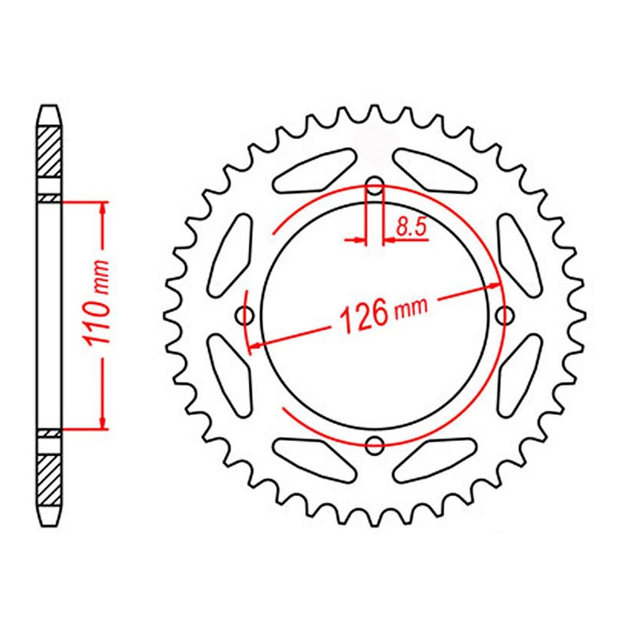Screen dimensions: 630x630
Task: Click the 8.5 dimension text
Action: (410, 229)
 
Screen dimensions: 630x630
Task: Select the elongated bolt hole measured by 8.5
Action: (375, 189)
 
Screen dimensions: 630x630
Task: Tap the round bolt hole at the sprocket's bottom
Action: (375, 445)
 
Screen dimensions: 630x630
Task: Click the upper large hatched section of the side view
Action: (50, 154)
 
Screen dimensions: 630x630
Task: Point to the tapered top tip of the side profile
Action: (50, 110)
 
